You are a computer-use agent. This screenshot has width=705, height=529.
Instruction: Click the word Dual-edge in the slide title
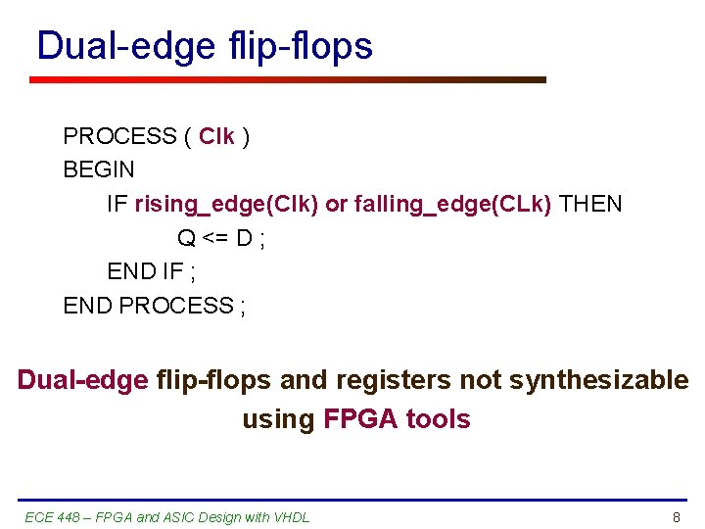(x=125, y=46)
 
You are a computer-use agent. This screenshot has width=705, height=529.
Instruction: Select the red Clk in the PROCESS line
(x=216, y=136)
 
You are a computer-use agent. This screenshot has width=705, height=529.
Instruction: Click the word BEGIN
(x=99, y=169)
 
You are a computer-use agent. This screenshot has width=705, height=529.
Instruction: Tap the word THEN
(x=590, y=204)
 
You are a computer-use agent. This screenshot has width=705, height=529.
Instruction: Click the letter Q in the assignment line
(x=186, y=238)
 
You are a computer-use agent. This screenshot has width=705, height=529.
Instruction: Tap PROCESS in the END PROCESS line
(x=175, y=306)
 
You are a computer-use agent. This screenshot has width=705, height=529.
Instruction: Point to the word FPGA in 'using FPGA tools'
(x=360, y=419)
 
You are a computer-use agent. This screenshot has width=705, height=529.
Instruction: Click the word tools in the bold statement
(x=438, y=419)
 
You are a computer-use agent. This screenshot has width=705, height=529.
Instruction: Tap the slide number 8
(x=676, y=516)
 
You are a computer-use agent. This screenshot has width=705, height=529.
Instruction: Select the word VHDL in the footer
(x=291, y=516)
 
